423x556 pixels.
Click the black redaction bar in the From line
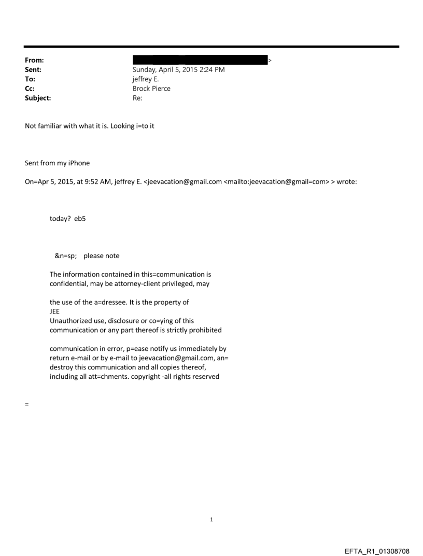pyautogui.click(x=200, y=60)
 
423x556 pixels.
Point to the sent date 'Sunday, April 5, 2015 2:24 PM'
pyautogui.click(x=179, y=70)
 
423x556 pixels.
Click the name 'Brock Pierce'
pyautogui.click(x=152, y=88)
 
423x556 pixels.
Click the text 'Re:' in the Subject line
pyautogui.click(x=137, y=97)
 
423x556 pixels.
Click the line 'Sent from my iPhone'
pyautogui.click(x=58, y=163)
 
